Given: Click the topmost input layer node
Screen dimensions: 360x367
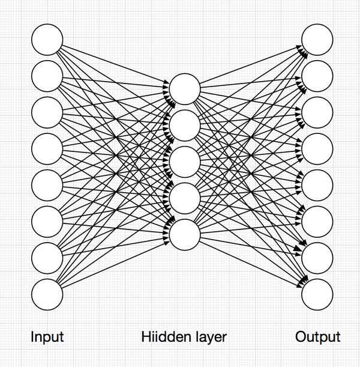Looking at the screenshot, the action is coord(47,40).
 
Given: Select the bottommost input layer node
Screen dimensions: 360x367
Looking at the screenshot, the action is coord(47,294).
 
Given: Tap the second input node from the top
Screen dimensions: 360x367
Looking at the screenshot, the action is coord(47,76).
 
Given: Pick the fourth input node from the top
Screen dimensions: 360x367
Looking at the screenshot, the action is coord(47,149).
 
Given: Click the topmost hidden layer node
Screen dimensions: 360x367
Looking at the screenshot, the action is coord(185,89).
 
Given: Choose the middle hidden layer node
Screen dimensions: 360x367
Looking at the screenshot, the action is coord(185,162).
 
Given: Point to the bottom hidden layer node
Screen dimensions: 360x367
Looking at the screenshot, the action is coord(185,235).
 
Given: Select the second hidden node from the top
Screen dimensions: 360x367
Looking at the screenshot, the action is coord(185,126).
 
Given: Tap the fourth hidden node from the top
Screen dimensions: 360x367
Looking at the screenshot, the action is coord(185,198).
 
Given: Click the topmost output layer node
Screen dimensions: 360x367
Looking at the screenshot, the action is coord(317,40).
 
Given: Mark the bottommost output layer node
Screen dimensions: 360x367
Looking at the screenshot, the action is coord(317,294).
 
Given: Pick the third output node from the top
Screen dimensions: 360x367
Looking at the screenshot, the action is coord(317,112).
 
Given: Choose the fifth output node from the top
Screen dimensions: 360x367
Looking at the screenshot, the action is coord(317,185).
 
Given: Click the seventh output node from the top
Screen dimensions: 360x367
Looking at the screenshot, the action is coord(317,258).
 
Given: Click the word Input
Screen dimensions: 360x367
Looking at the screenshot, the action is coord(47,338).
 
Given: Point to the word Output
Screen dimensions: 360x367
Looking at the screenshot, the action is coord(318,338).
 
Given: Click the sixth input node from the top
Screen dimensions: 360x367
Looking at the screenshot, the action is coord(47,222).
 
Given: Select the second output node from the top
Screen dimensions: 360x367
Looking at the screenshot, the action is coord(317,76).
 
